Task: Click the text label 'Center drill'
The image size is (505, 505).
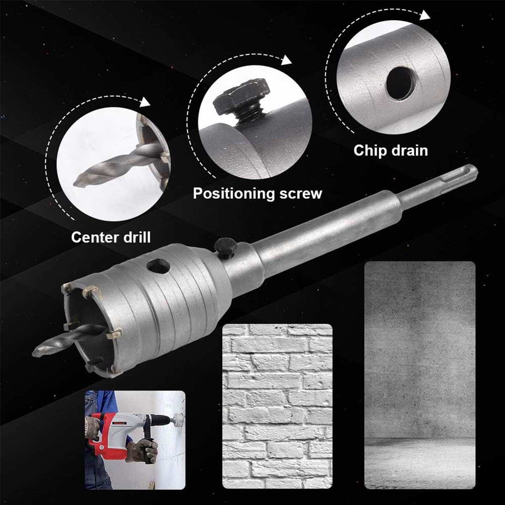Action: click(x=111, y=237)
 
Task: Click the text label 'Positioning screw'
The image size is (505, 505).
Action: click(x=257, y=193)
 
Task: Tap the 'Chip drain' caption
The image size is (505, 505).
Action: click(x=391, y=150)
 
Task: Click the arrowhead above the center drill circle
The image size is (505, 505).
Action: click(x=145, y=102)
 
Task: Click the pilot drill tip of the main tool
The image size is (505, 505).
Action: click(x=40, y=349)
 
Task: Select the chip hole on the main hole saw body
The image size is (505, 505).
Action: click(x=158, y=266)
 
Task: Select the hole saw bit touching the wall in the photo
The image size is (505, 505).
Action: click(x=178, y=419)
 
